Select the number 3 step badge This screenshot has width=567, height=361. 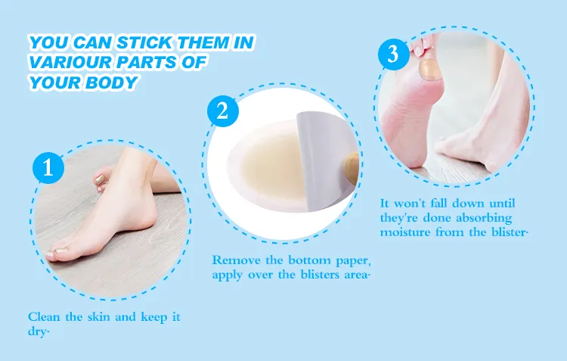[x=392, y=54]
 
